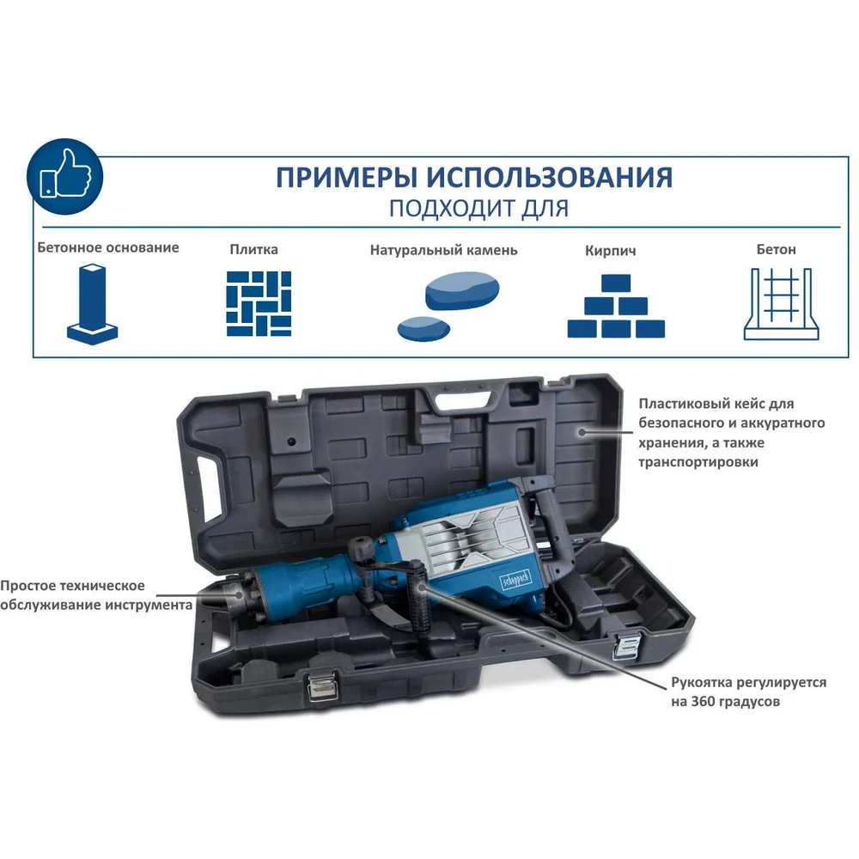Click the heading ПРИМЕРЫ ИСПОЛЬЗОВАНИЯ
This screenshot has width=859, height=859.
point(474,178)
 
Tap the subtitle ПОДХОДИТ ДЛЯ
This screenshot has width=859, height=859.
point(478,209)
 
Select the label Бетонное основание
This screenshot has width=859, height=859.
point(108,247)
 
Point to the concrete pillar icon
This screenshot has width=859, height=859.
point(92,304)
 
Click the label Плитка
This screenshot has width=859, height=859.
point(253,250)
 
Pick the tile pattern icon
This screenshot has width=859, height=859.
point(259,303)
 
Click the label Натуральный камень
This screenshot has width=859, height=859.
point(444,250)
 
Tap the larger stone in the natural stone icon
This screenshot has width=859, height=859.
point(462,290)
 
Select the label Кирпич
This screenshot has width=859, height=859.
point(610,252)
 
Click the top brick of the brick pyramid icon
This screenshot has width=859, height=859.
point(616,283)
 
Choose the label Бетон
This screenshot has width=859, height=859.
point(776,250)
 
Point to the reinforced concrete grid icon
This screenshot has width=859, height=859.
point(781,304)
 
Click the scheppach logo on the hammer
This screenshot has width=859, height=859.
point(516,578)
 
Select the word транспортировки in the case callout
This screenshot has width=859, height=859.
point(698,462)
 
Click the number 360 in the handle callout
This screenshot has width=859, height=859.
point(703,702)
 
